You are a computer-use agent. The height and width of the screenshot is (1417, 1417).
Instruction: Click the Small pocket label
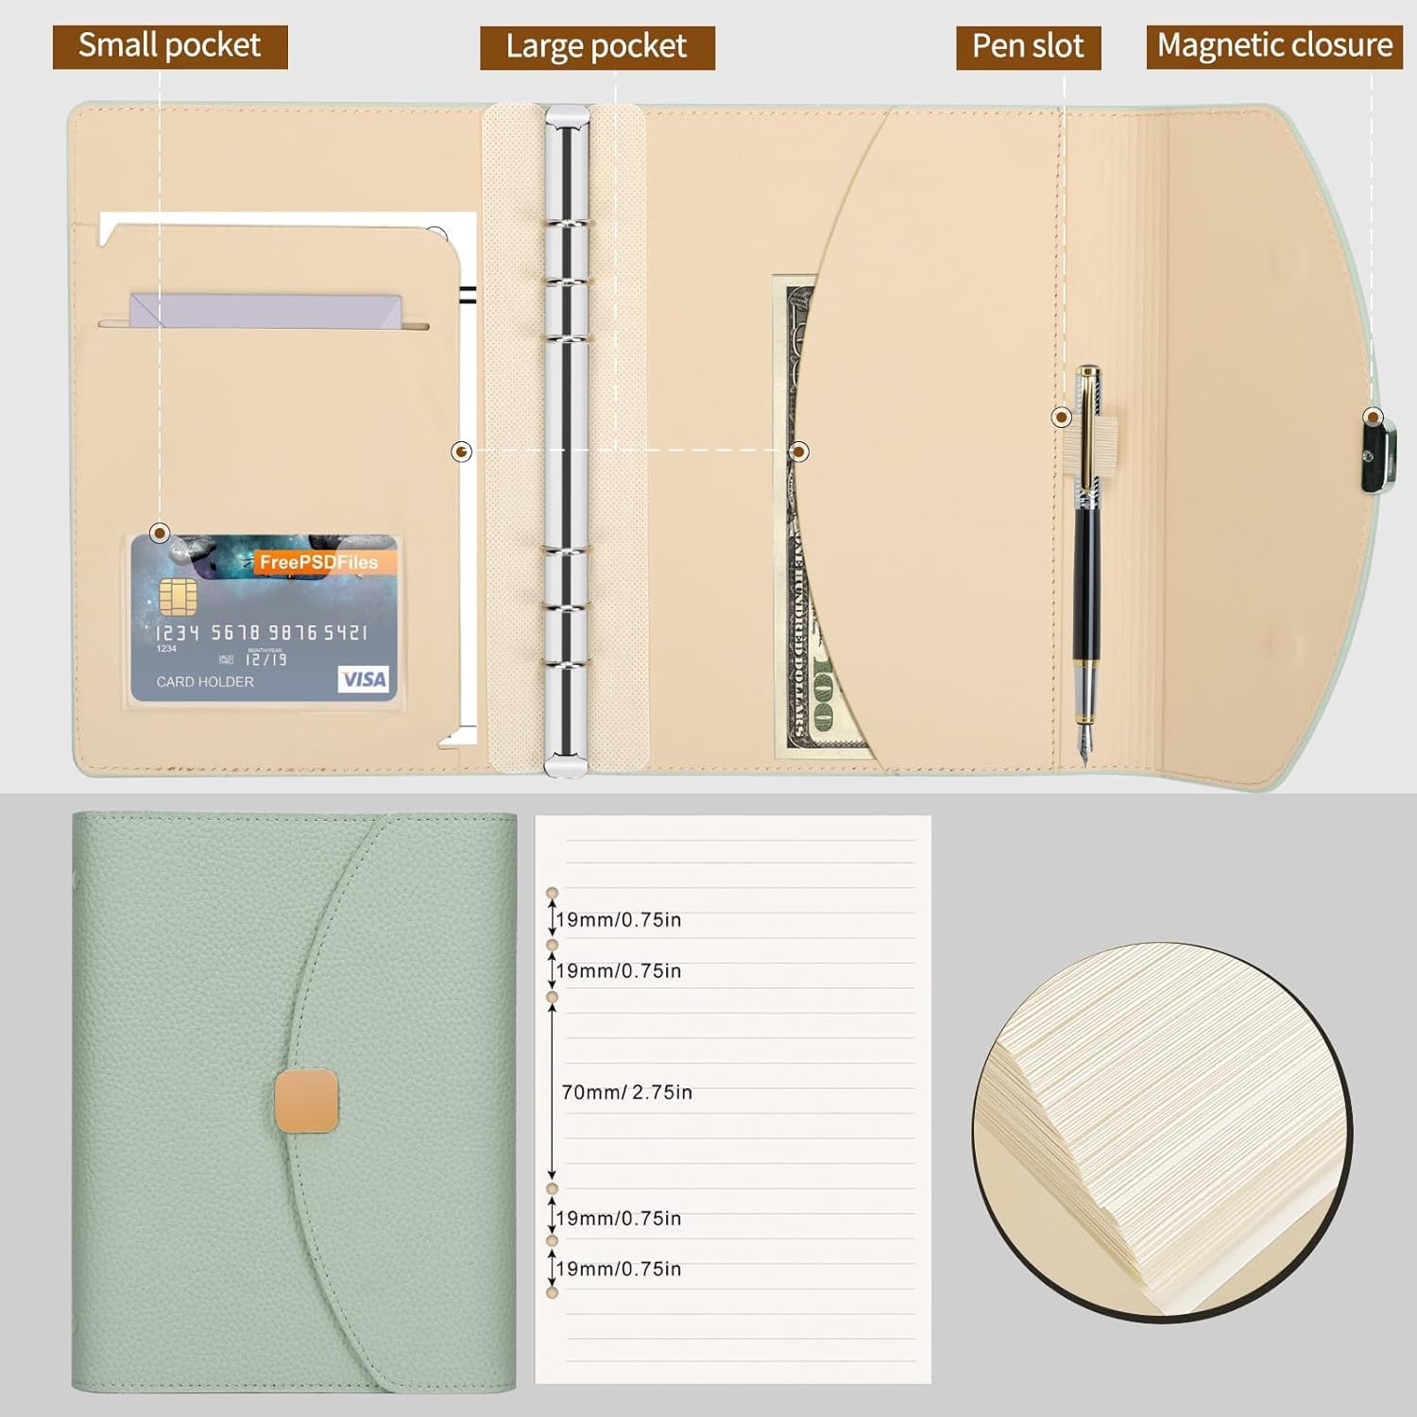point(170,46)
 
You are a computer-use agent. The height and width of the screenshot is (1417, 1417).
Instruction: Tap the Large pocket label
point(597,46)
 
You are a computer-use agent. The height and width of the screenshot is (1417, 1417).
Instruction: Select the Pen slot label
point(1028,46)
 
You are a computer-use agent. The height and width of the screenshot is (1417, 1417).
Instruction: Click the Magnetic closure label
point(1274,46)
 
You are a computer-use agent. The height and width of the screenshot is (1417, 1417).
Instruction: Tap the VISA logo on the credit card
point(364,679)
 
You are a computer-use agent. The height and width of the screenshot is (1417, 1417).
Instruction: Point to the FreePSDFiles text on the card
point(318,562)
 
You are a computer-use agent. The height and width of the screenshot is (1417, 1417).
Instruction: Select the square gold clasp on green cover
point(306,1101)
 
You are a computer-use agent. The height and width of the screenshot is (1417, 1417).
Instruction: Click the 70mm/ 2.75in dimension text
point(627,1092)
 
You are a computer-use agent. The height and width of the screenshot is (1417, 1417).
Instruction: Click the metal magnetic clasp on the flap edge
point(1374,456)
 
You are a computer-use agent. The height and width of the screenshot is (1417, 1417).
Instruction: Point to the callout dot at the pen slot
point(1062,417)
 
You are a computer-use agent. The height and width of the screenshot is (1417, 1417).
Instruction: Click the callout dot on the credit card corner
point(161,534)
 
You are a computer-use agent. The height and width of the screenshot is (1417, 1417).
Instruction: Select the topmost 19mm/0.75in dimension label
point(619,920)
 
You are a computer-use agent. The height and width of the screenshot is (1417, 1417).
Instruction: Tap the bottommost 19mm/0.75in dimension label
point(619,1269)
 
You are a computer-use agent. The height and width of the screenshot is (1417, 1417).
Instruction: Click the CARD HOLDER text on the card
point(205,682)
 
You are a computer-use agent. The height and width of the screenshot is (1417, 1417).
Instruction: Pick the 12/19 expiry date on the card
point(266,659)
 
